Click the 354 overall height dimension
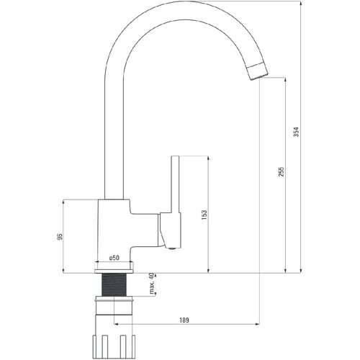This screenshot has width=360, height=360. (297, 132)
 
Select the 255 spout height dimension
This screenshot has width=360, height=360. (282, 172)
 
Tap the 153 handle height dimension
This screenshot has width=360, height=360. (204, 215)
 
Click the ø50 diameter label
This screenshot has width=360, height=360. (114, 258)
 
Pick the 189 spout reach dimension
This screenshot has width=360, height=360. (184, 320)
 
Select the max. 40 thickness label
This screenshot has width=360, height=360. (151, 284)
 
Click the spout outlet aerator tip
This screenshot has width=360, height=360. (258, 71)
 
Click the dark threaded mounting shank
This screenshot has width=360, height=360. (114, 284)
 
